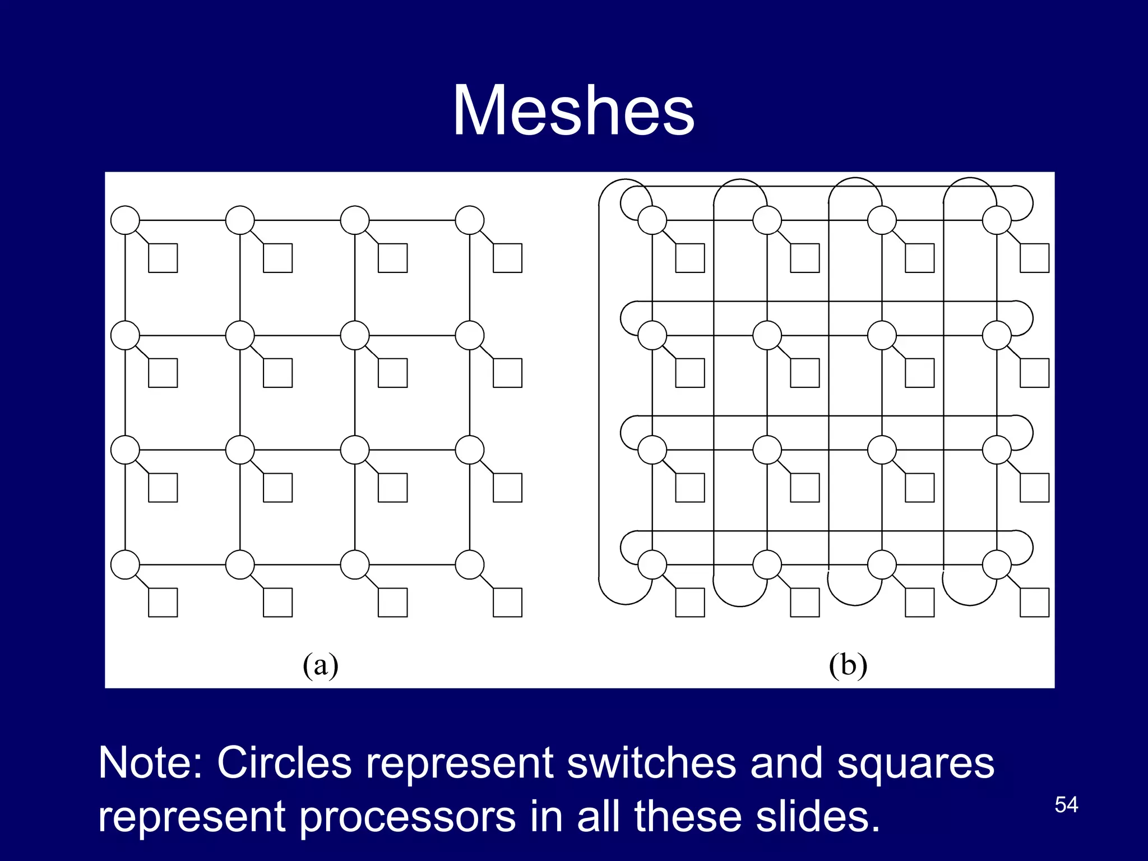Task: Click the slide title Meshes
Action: pos(573,110)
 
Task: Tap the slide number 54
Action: pos(1066,805)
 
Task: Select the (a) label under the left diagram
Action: pos(320,665)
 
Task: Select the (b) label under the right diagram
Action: pos(848,665)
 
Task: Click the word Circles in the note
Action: pos(284,763)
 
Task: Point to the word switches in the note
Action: pos(651,763)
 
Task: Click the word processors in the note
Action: pos(407,817)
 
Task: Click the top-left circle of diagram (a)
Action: pos(125,220)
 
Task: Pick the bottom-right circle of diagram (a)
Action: pos(470,564)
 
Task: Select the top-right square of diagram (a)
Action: pos(507,258)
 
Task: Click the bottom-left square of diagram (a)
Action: pos(163,603)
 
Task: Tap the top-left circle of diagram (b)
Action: pos(652,220)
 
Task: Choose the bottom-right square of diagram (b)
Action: pos(1034,603)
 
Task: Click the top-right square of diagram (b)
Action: pos(1034,258)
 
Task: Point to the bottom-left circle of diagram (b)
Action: pos(652,564)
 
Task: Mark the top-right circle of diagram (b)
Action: pos(997,220)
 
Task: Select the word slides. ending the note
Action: pos(818,817)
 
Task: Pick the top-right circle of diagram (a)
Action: pos(470,220)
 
